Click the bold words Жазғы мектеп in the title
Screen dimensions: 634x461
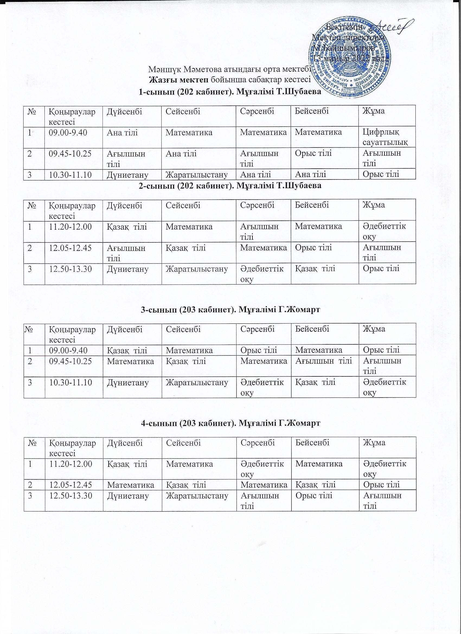(179, 80)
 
